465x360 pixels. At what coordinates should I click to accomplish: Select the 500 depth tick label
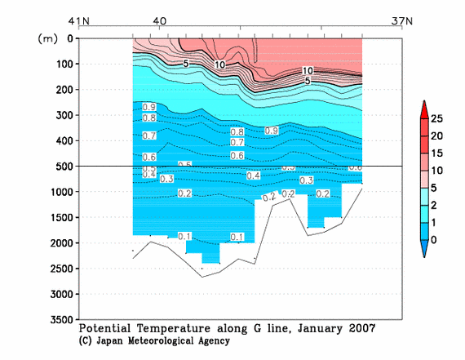[x=63, y=167]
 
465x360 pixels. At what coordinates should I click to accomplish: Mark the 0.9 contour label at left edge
[x=149, y=107]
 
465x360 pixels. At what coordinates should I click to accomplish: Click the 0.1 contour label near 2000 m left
[x=150, y=237]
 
